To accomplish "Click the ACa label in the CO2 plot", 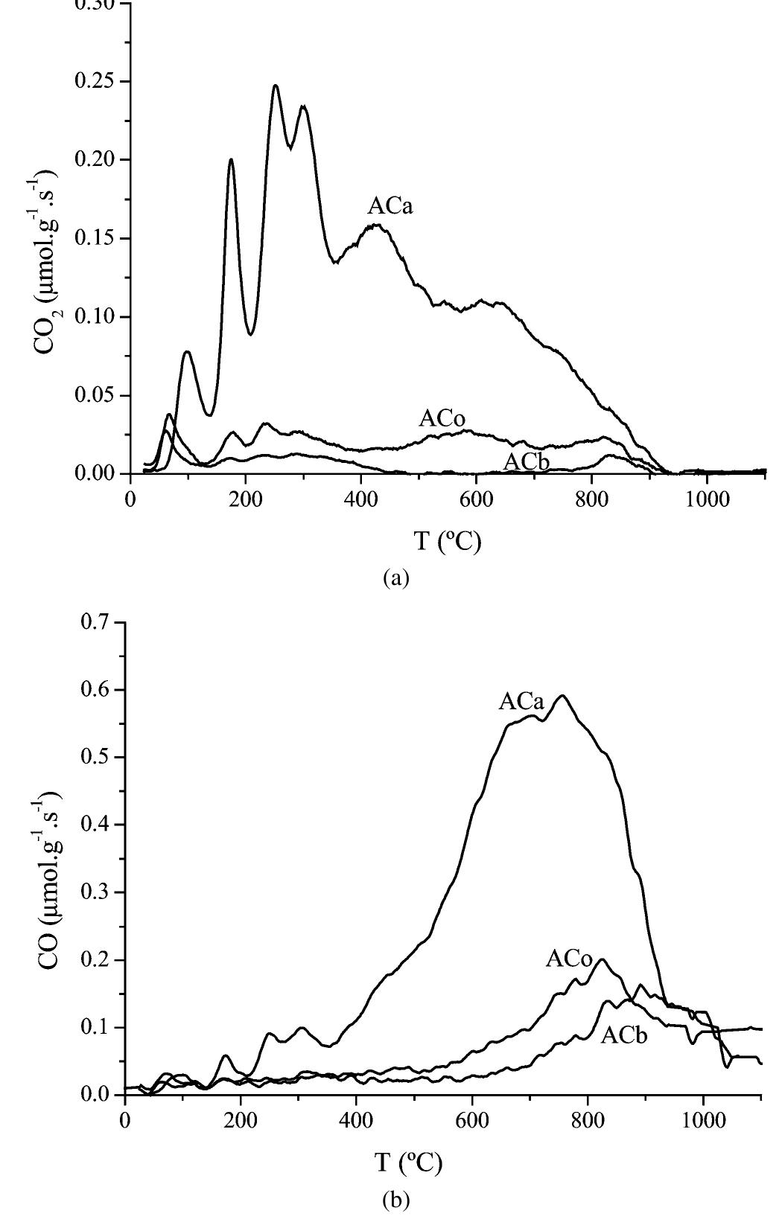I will (390, 206).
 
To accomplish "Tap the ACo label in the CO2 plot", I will (442, 418).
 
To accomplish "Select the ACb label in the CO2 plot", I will (526, 462).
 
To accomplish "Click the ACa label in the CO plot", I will (521, 701).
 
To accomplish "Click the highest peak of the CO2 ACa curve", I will (276, 86).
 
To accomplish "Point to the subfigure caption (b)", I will (395, 1200).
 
